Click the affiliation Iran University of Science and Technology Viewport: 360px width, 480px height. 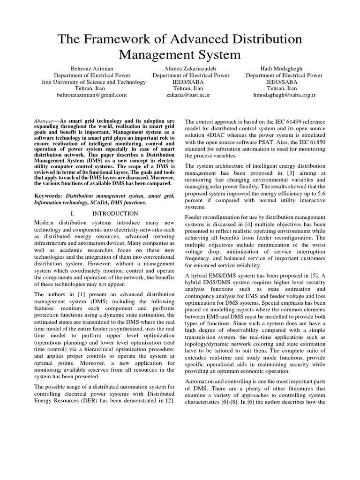92,82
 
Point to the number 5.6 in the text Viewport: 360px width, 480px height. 320,192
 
